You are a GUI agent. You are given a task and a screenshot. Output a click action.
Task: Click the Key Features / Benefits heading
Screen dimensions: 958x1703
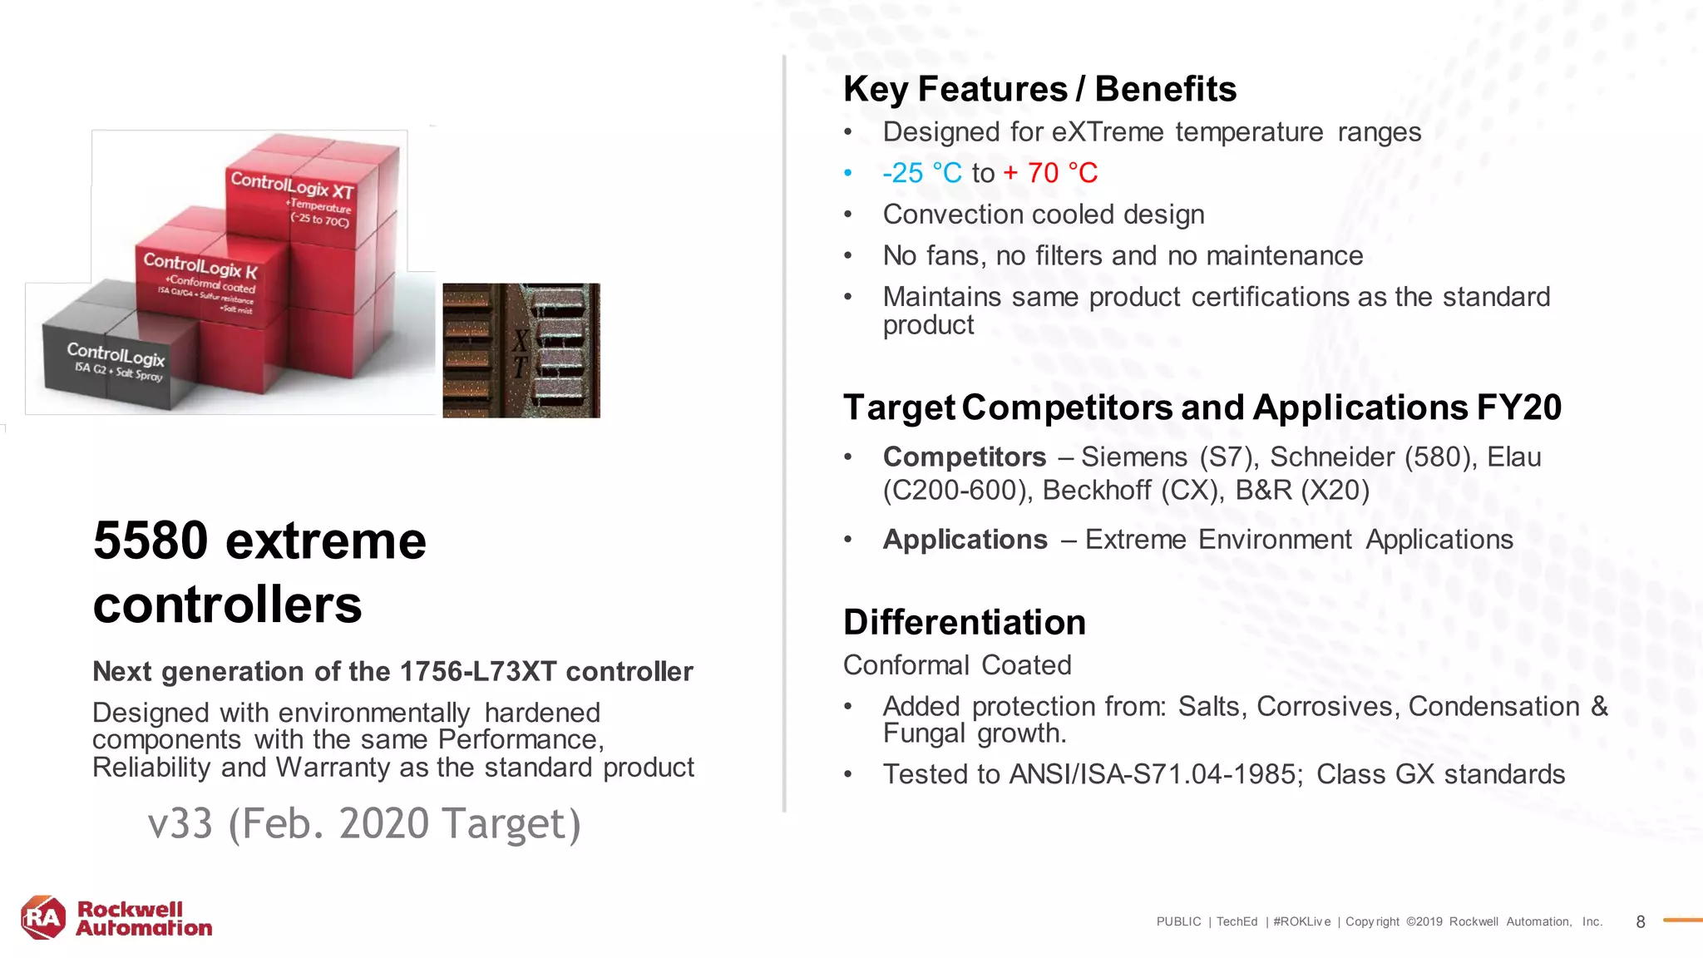(x=1039, y=89)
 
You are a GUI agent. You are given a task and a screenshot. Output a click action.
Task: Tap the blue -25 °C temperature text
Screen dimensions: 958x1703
(x=921, y=173)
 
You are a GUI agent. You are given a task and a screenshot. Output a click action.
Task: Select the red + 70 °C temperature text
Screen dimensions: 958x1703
(x=1050, y=173)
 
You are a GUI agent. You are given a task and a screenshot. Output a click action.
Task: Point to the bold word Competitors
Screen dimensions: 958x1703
(x=965, y=457)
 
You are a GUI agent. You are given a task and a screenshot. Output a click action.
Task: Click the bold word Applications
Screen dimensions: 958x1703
(x=965, y=540)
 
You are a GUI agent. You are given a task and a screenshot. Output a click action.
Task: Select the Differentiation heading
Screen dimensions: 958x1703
(x=965, y=622)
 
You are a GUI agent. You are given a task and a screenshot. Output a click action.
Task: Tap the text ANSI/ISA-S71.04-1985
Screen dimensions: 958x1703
(x=1154, y=774)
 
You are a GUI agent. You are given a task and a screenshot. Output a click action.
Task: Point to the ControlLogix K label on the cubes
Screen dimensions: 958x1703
(x=200, y=265)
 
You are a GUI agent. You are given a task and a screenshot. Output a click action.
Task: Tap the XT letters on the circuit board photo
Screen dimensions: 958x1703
(x=521, y=353)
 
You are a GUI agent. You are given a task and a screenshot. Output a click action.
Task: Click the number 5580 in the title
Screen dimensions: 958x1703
(x=151, y=541)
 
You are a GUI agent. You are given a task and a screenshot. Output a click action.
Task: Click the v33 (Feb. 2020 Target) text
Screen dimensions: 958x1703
(x=364, y=823)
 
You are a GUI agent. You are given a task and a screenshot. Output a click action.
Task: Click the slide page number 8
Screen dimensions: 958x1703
(x=1640, y=921)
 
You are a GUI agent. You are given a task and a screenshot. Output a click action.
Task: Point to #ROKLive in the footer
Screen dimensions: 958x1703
(x=1301, y=921)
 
